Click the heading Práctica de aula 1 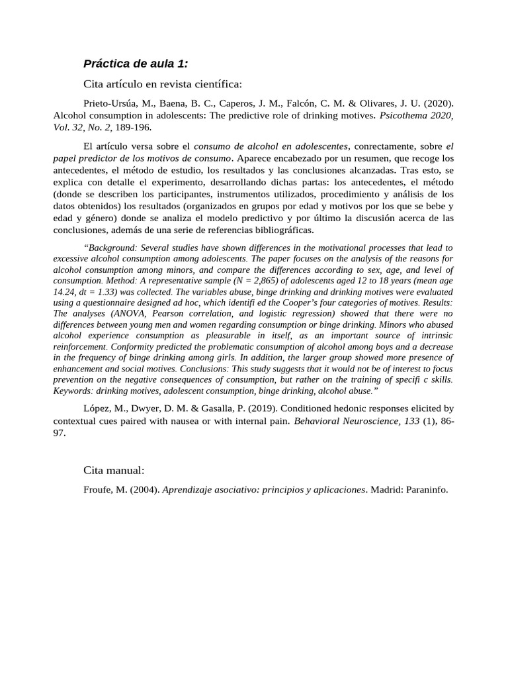point(136,64)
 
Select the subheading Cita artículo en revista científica point(163,84)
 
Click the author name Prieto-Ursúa point(111,104)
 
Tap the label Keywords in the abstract point(74,391)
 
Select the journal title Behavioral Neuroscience point(348,420)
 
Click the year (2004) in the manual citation point(144,490)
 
